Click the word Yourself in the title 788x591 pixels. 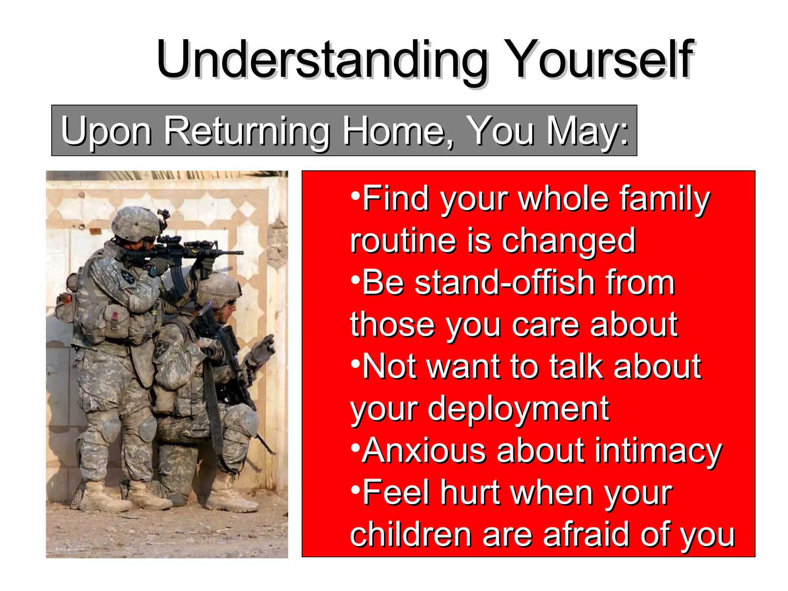(x=600, y=60)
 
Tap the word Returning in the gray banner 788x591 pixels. (x=247, y=132)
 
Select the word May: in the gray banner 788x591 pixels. (x=587, y=132)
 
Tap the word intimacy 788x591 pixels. (x=658, y=451)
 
